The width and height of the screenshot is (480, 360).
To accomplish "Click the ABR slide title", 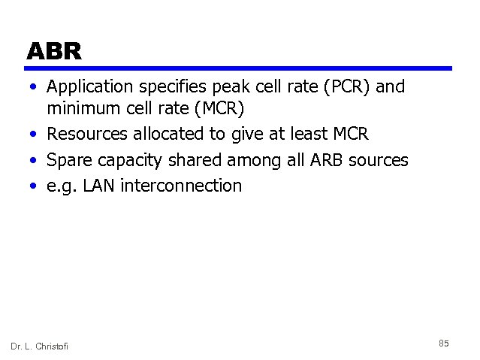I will [x=53, y=51].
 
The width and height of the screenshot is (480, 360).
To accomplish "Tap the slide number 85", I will [x=443, y=343].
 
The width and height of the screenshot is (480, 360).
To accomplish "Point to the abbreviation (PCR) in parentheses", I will [x=344, y=87].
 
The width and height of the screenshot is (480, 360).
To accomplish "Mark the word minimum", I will [x=83, y=110].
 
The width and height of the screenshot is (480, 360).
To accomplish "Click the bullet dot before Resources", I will [x=35, y=135].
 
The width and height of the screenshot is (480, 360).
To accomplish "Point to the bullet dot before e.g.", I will [x=35, y=186].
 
